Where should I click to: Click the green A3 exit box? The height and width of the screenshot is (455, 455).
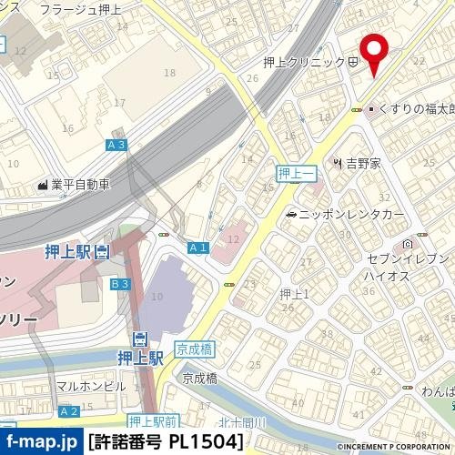point(116,145)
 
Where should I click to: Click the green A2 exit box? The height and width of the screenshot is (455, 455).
point(68,412)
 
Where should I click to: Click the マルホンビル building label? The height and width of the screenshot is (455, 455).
point(91,386)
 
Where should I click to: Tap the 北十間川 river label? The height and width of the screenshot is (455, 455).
point(242,421)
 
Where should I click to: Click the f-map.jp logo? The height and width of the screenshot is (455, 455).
point(41,442)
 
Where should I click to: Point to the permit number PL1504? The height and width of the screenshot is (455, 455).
point(168,443)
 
